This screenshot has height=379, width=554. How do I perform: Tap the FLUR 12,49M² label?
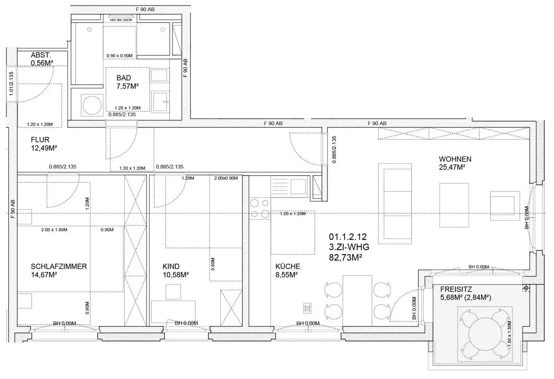point(44,144)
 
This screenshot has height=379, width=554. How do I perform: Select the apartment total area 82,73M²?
point(345,258)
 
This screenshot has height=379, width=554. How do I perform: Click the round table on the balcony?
point(486,334)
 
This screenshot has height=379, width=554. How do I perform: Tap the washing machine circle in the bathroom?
point(92,105)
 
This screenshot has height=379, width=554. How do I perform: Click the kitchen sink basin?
point(298,186)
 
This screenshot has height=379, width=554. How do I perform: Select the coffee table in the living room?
point(454,205)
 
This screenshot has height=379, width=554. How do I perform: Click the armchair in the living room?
point(505,206)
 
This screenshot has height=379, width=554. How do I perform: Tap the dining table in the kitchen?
point(357,301)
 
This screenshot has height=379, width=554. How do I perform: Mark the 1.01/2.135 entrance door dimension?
point(11,84)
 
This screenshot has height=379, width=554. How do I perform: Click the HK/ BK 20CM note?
point(121,20)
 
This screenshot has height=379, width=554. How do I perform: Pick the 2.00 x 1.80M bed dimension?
point(54,230)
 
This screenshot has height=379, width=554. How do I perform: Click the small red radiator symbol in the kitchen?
point(307,308)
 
